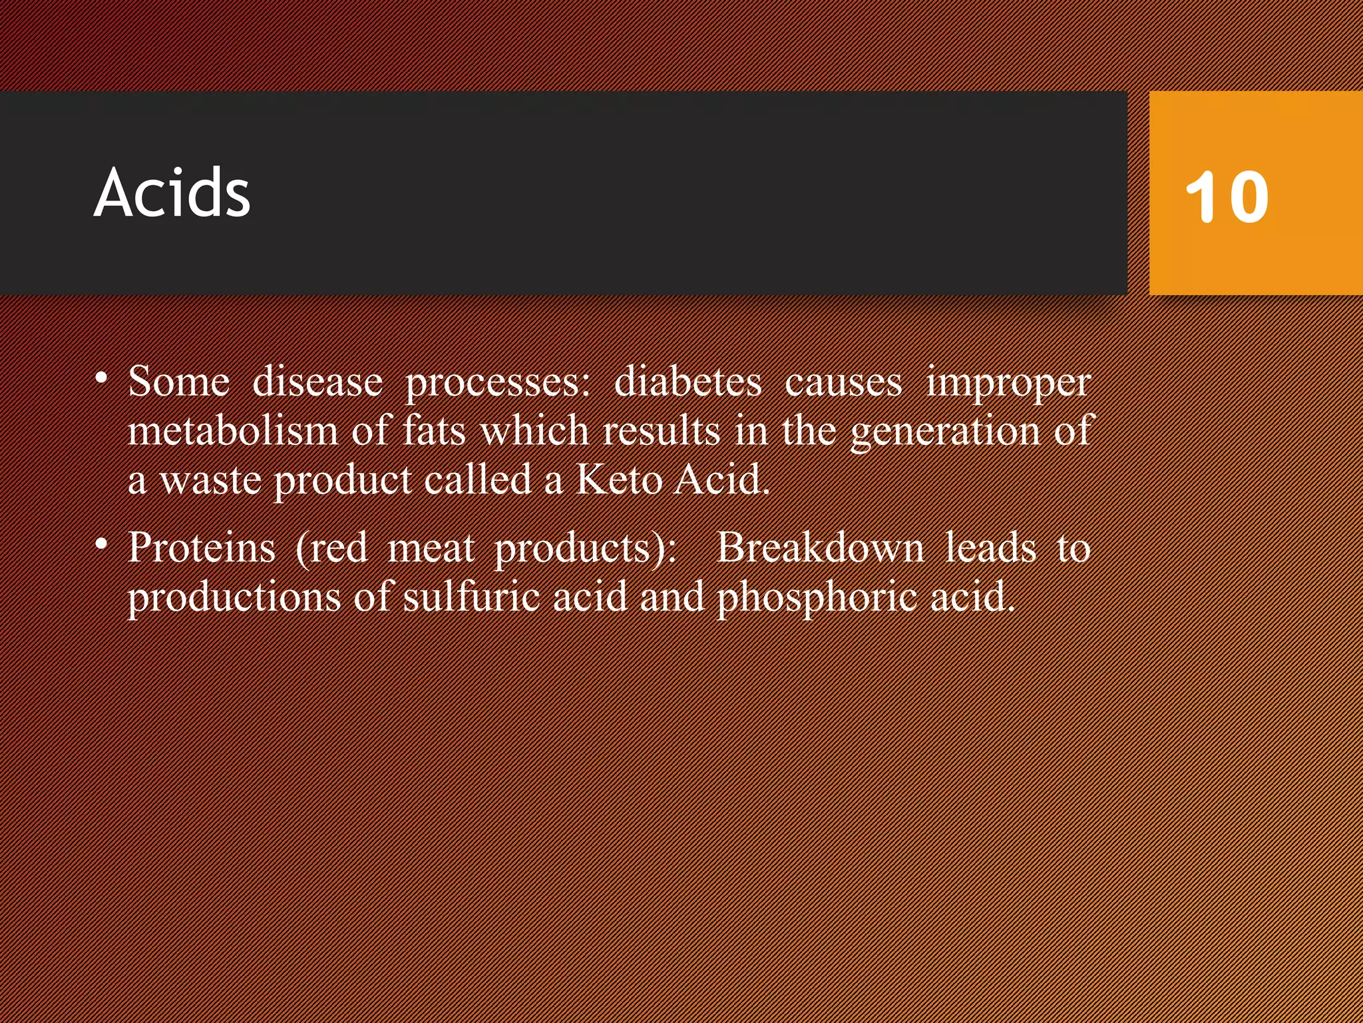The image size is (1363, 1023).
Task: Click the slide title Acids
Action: point(172,193)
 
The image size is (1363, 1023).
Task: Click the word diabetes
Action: point(687,382)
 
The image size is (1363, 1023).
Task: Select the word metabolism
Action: point(233,430)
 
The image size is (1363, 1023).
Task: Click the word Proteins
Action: point(202,547)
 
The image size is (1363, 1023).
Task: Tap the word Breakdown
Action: point(820,547)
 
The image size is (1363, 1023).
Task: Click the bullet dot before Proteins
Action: point(101,544)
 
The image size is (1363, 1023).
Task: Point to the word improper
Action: point(1008,384)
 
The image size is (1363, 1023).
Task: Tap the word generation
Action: point(945,432)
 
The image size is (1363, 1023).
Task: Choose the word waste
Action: point(210,480)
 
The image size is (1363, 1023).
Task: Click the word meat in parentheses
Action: point(431,547)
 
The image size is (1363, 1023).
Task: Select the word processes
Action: point(498,384)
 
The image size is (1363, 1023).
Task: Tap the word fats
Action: point(434,430)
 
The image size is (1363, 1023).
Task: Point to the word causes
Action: point(843,384)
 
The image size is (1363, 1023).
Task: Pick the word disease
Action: point(317,382)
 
